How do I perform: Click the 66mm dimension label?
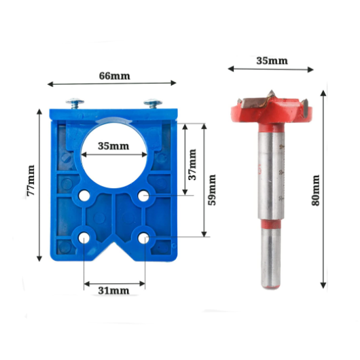[x=115, y=75]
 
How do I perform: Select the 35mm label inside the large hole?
[x=113, y=146]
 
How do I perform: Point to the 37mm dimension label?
[x=192, y=163]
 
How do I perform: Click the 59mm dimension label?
[x=213, y=190]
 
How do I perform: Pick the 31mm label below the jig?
[x=113, y=290]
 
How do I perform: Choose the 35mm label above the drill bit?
[x=272, y=60]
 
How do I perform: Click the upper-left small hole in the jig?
[x=84, y=196]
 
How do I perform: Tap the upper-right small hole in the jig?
[x=144, y=196]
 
